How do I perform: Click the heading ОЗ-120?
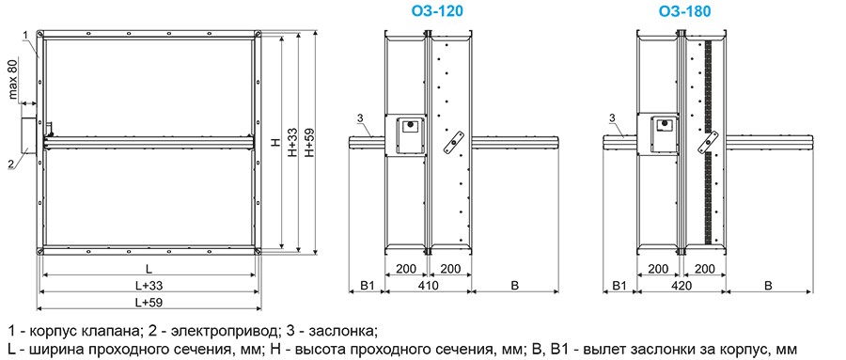click(429, 12)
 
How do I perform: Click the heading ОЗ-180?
click(684, 12)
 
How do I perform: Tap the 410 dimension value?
click(428, 284)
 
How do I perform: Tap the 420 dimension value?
click(684, 284)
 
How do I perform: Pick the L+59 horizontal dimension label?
click(149, 303)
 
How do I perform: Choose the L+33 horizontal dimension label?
click(149, 285)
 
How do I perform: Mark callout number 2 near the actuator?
click(10, 164)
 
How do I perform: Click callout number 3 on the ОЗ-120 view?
click(360, 117)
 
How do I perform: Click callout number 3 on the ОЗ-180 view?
click(612, 117)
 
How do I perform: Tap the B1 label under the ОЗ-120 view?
click(368, 284)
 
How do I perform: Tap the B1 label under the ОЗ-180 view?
click(619, 284)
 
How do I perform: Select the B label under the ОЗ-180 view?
click(768, 284)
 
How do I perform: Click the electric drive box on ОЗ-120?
click(412, 133)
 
